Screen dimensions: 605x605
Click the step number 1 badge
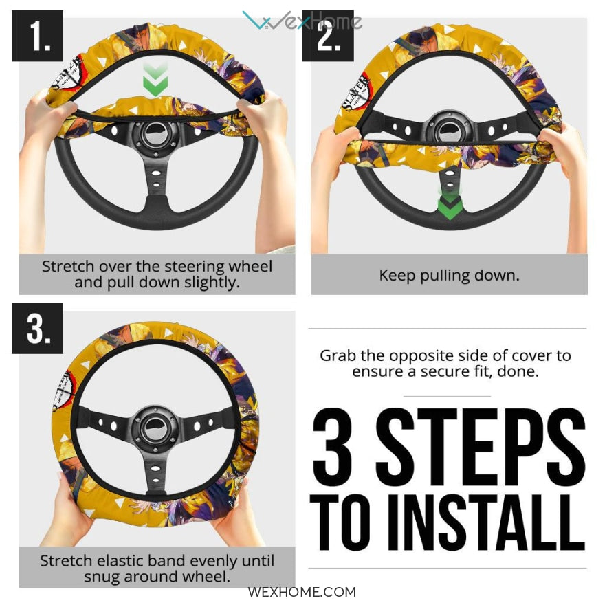[x=37, y=36]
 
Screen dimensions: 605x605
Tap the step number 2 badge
[x=328, y=36]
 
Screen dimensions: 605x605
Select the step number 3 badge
[x=37, y=328]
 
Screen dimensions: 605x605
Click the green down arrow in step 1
[x=155, y=80]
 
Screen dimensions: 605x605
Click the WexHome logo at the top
[x=302, y=21]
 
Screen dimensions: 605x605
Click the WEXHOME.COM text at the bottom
[x=302, y=592]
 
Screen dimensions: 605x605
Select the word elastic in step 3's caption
[x=119, y=560]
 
